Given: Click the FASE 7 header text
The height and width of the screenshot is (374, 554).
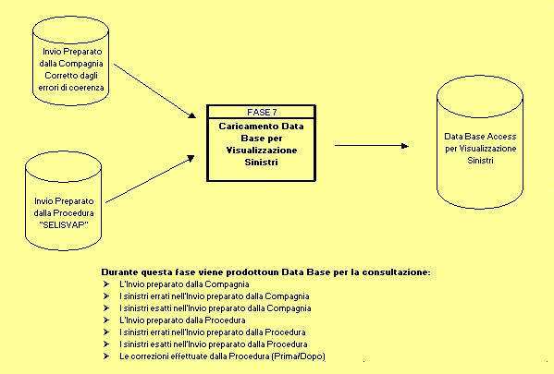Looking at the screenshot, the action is (262, 113).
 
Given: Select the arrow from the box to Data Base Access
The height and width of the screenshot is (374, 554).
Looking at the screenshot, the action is (372, 145).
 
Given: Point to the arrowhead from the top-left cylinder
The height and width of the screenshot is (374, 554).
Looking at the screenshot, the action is (191, 115).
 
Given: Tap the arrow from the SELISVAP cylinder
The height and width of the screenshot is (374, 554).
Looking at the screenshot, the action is (150, 179).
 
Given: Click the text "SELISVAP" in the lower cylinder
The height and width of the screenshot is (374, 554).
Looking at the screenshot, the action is (64, 225).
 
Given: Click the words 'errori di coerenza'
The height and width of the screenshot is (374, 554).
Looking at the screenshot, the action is (71, 88).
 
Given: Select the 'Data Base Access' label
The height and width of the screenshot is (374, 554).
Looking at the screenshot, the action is (480, 137).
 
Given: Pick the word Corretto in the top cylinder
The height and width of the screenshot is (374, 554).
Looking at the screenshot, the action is (59, 76).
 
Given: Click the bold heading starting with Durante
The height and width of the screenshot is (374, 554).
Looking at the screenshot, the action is (266, 272).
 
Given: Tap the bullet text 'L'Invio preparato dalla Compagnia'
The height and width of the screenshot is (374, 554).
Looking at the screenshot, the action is (184, 284).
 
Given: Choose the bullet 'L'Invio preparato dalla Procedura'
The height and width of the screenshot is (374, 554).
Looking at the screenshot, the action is (182, 320).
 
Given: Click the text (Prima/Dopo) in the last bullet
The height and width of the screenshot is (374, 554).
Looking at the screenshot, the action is (298, 356).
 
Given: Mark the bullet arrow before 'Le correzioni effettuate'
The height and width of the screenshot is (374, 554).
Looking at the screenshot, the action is (106, 356).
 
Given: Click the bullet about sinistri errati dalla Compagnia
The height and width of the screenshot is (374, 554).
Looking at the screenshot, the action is (215, 296).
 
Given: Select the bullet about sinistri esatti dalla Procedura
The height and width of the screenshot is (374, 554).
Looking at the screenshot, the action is (214, 344).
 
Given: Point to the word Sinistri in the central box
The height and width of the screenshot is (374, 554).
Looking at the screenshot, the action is (261, 163).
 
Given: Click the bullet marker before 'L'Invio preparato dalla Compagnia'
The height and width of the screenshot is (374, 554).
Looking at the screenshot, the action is (106, 284).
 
